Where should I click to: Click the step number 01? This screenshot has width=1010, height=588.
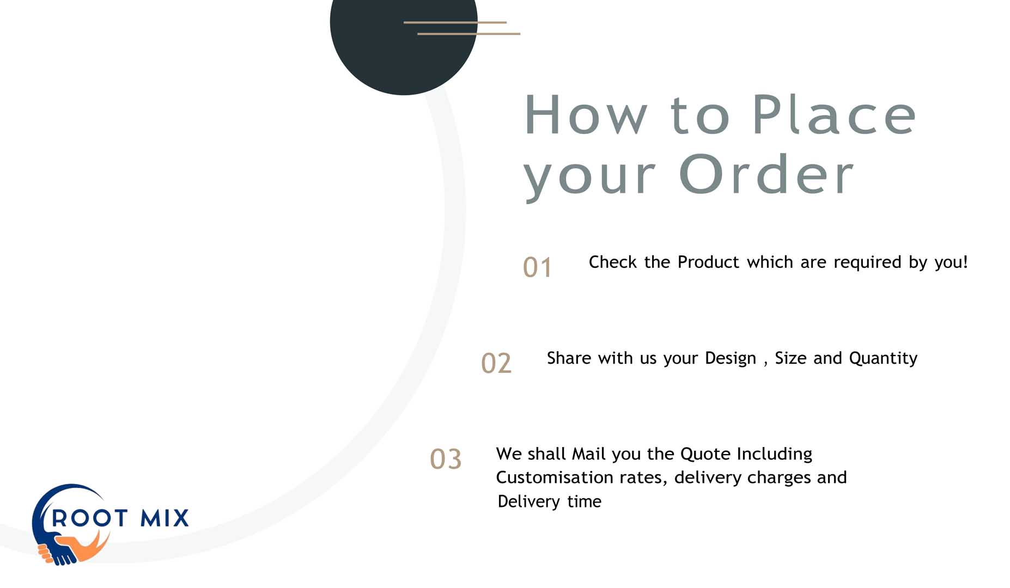point(537,267)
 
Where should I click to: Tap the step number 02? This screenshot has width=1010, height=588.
point(496,363)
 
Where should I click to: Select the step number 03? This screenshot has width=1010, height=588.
point(446,459)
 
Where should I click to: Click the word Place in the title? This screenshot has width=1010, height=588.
point(834,115)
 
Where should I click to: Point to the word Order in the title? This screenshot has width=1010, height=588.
point(766,174)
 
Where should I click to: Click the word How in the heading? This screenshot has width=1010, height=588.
point(586,115)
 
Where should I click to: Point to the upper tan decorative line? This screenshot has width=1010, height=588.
point(455,22)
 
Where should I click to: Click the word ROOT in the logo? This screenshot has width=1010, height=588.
point(89,518)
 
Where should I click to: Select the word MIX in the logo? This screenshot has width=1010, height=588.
point(165,518)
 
